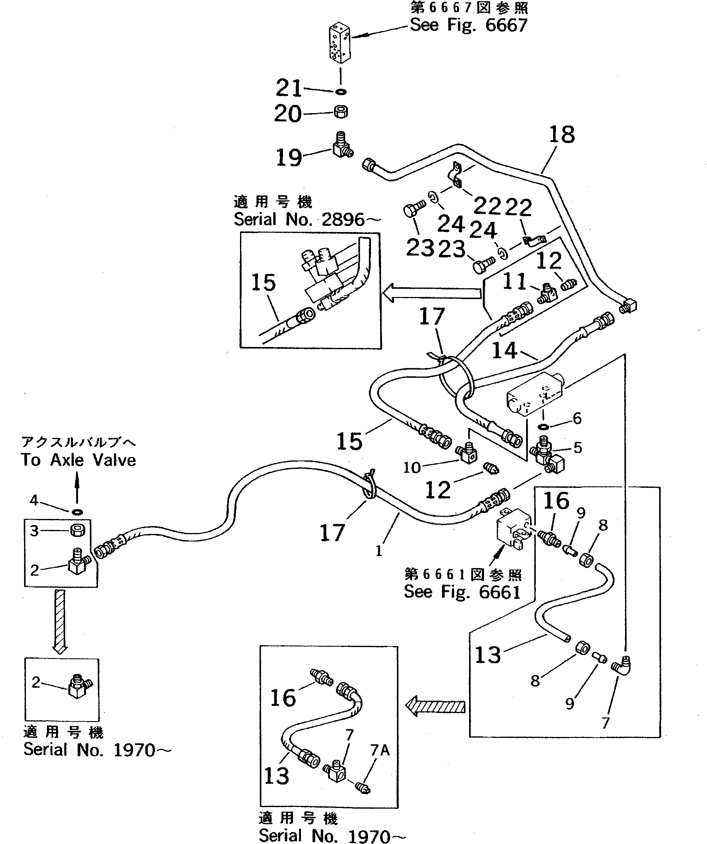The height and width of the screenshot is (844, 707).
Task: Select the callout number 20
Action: click(288, 114)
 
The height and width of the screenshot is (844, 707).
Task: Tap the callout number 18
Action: click(562, 135)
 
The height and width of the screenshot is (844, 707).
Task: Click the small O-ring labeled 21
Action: click(341, 92)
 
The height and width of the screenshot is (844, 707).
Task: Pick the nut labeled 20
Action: click(341, 112)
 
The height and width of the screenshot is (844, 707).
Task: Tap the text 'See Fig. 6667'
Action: click(468, 25)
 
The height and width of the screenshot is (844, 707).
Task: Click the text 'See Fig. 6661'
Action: click(462, 592)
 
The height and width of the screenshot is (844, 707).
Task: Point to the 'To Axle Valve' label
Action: click(79, 460)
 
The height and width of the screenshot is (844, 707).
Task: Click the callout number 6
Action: click(577, 418)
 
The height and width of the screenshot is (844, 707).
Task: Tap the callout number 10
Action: click(412, 467)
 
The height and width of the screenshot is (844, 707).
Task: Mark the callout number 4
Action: click(34, 500)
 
